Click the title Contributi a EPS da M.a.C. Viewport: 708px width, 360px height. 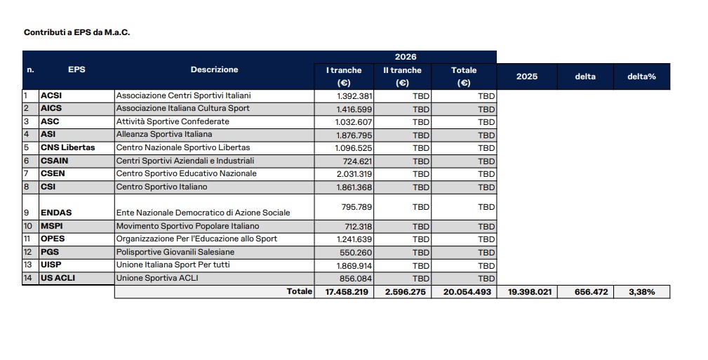[x=77, y=32]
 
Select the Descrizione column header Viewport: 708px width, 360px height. [x=214, y=69]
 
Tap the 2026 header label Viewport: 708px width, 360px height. [x=405, y=57]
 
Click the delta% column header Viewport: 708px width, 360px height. [x=641, y=76]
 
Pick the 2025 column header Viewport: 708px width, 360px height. [x=526, y=76]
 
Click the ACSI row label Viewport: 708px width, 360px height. [x=51, y=95]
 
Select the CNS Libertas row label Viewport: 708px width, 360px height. [x=67, y=147]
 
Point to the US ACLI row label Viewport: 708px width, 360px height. [x=58, y=278]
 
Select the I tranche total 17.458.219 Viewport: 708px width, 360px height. [x=347, y=292]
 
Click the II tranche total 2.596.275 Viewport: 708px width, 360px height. [x=405, y=292]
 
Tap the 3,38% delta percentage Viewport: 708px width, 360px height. [x=641, y=292]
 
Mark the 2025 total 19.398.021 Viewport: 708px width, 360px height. [x=526, y=292]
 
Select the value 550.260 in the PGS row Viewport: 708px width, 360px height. [x=356, y=252]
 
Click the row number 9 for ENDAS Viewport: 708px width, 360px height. [x=27, y=213]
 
